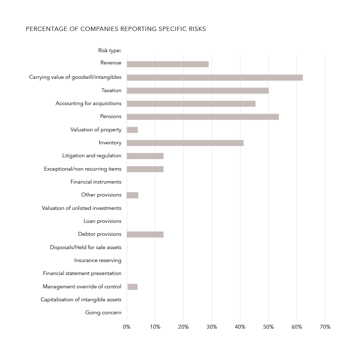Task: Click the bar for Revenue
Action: tap(168, 64)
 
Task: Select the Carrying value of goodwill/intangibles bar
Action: tap(215, 77)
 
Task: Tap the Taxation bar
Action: tap(198, 90)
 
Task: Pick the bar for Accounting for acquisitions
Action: tap(191, 104)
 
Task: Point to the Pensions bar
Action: tap(203, 117)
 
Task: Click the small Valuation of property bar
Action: tap(132, 130)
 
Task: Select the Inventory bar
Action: tap(185, 143)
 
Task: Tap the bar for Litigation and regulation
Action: tap(145, 156)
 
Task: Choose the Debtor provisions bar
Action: tap(145, 234)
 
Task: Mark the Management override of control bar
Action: tap(132, 287)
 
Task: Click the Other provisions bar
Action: tap(132, 195)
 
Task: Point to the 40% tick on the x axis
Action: tap(240, 327)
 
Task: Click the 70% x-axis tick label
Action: tap(325, 327)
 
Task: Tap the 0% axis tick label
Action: tap(127, 327)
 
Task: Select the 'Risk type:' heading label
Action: tap(110, 50)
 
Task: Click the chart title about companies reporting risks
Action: tap(116, 29)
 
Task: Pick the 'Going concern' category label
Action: tap(103, 312)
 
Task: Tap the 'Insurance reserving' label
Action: tap(98, 260)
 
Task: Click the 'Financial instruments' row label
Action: tap(96, 182)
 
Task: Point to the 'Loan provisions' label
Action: tap(102, 221)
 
